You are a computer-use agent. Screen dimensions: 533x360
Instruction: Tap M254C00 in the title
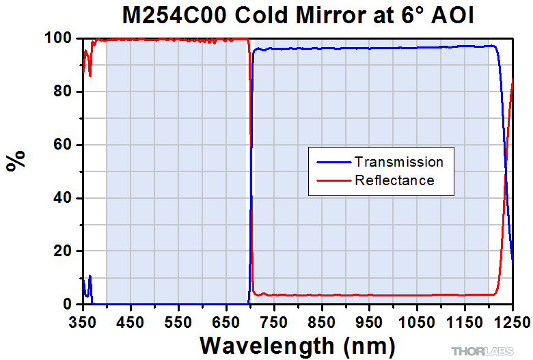tap(174, 15)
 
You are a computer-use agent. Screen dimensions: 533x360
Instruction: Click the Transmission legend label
tap(399, 162)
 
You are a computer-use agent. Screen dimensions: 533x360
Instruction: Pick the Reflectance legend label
tap(395, 180)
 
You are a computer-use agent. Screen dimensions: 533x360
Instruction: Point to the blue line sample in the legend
tap(333, 163)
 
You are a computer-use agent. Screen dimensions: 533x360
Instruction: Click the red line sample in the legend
tap(333, 180)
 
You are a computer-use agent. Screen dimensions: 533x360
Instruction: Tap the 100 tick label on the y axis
tap(59, 38)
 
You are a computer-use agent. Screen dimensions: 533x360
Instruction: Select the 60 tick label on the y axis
tap(63, 144)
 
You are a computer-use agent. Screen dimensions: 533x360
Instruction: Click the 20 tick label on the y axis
tap(63, 251)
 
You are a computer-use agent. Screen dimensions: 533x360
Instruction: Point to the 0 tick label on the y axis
tap(67, 304)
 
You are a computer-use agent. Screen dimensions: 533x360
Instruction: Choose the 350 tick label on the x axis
tap(83, 322)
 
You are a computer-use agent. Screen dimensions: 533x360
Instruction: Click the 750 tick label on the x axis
tap(274, 322)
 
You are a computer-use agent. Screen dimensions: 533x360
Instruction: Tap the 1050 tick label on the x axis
tap(417, 322)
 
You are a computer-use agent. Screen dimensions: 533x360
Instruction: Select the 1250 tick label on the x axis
tap(512, 322)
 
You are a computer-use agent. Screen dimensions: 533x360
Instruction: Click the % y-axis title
tap(16, 160)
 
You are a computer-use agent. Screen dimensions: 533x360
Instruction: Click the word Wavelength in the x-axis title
tap(266, 346)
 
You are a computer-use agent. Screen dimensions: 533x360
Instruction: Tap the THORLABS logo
tap(482, 351)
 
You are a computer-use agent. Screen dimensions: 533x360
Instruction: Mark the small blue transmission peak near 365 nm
tap(90, 276)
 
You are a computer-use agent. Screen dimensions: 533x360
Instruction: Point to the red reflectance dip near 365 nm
tap(90, 75)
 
